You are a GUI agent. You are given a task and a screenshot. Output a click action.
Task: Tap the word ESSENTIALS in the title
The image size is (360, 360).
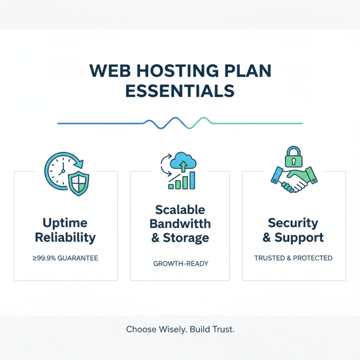(x=180, y=90)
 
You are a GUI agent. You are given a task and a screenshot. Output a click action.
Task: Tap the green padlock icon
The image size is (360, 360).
(x=293, y=157)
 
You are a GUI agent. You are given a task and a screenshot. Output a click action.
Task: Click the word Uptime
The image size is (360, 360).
(x=66, y=223)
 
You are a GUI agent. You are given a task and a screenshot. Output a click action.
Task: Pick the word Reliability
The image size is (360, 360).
(x=66, y=237)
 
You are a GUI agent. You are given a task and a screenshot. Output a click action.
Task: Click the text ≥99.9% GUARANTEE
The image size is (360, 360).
(x=66, y=258)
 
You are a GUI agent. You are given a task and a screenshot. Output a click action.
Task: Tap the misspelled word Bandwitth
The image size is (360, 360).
(x=180, y=224)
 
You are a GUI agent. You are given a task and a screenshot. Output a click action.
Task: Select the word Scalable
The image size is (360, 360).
(x=180, y=210)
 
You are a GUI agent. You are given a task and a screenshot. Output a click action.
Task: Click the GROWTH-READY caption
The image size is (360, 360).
(x=180, y=263)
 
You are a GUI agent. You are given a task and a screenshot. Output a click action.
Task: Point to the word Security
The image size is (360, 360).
(x=293, y=223)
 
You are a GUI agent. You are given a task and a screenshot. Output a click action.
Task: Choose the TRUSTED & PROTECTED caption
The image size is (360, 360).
(x=293, y=258)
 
